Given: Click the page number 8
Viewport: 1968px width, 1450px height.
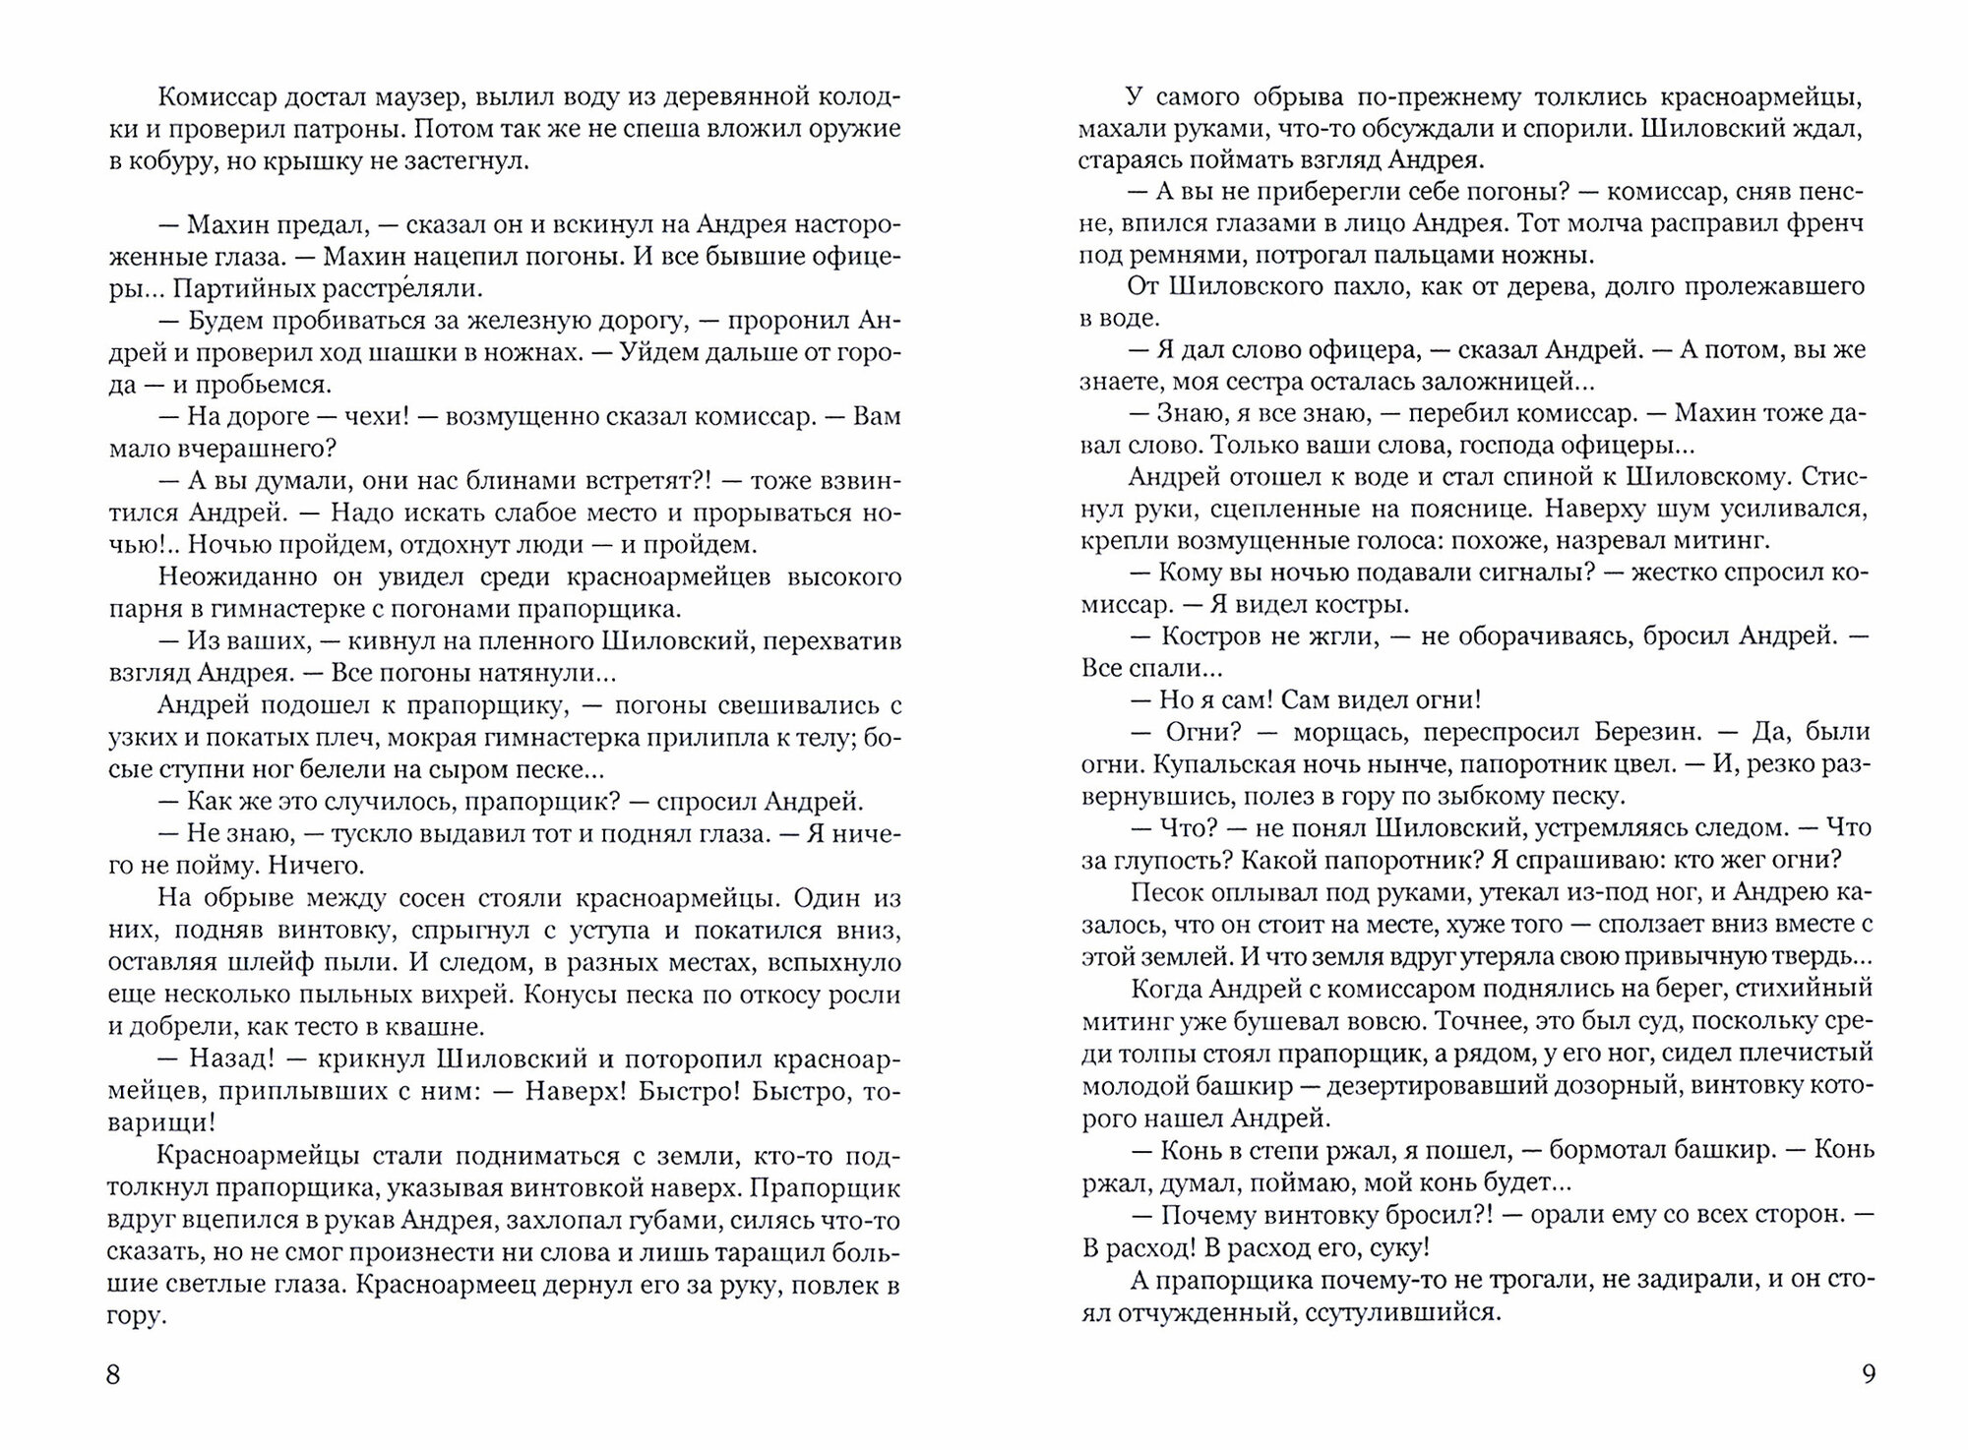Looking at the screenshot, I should (x=113, y=1373).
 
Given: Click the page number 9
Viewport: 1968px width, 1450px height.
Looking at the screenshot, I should (x=1869, y=1373).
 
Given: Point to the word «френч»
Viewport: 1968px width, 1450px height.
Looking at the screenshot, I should (x=1824, y=224).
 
